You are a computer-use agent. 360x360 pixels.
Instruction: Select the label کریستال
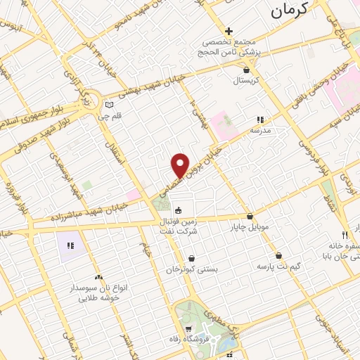pos(246,80)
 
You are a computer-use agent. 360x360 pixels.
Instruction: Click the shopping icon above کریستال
pos(245,70)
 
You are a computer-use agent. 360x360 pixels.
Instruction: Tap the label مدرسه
pos(266,130)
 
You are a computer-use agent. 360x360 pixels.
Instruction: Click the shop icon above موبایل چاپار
pos(250,217)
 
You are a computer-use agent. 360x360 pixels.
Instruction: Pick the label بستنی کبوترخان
pos(192,269)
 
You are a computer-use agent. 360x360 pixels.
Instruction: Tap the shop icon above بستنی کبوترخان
pos(192,258)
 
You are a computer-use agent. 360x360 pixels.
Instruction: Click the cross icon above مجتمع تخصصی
pos(229,31)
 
